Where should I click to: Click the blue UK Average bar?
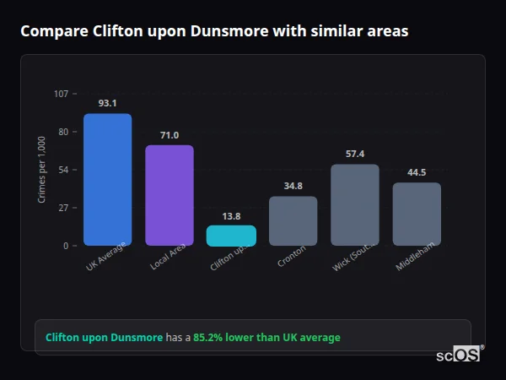[x=107, y=179]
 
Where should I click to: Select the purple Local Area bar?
[x=170, y=195]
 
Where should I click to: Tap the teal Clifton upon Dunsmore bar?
[x=231, y=236]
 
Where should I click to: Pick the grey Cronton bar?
[x=293, y=220]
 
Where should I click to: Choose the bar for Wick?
[x=355, y=204]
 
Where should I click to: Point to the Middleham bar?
[x=417, y=214]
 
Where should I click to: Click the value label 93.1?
[x=107, y=103]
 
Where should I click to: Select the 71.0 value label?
[x=170, y=135]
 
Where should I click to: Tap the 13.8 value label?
[x=231, y=216]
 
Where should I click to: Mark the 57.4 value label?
[x=355, y=154]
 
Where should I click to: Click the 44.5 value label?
[x=417, y=172]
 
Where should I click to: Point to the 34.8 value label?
[x=293, y=186]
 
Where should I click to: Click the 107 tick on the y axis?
[x=61, y=94]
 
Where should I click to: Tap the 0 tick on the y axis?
[x=65, y=246]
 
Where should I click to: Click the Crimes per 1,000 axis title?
[x=42, y=170]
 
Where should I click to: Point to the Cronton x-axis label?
[x=292, y=257]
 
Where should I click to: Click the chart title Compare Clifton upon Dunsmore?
[x=214, y=31]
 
